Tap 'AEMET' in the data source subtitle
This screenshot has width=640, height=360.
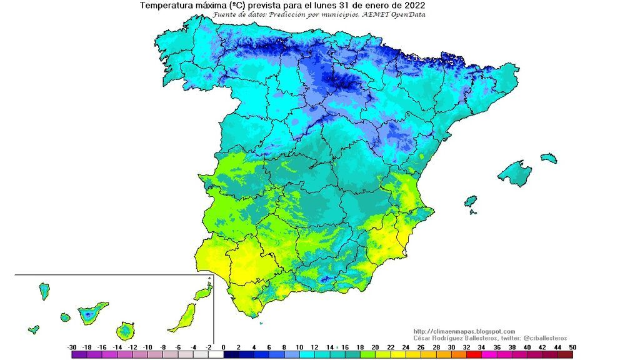point(374,14)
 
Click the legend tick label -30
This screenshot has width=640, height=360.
point(72,347)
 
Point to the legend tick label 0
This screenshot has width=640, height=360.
point(224,347)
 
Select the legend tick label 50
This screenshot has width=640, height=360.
point(572,347)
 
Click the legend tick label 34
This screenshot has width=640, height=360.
point(482,347)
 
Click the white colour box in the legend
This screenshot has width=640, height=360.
point(216,354)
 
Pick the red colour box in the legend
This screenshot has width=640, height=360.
point(474,354)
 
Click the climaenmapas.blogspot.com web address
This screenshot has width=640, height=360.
point(464,331)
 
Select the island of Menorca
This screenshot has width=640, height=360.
point(548,157)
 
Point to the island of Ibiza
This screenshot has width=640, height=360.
point(471,201)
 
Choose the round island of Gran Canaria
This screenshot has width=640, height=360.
point(126,329)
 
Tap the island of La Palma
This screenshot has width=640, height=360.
point(44,291)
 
